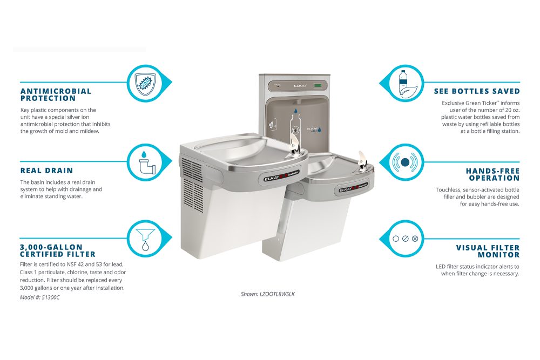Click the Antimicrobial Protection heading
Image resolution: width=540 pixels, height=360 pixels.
56,94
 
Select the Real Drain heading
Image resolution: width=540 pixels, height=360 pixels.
46,171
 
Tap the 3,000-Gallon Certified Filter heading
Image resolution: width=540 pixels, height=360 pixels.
57,250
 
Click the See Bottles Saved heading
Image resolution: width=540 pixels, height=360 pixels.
477,91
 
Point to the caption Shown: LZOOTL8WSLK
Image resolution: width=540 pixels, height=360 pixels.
268,294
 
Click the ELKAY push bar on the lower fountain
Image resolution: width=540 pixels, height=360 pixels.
353,189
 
